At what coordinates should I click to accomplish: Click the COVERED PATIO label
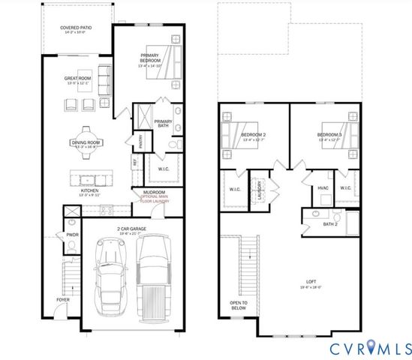coord(77,30)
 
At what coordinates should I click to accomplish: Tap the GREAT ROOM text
coord(77,79)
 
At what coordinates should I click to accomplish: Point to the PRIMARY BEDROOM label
coord(153,58)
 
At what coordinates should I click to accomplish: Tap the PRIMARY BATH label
coord(163,124)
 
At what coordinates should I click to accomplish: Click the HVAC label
coord(323,187)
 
